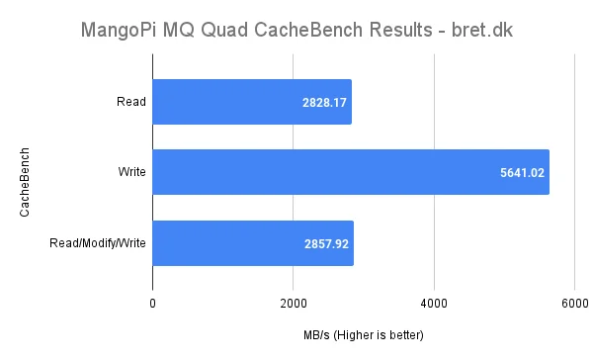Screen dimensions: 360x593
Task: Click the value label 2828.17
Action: tap(324, 101)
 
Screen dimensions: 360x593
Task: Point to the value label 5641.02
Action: tap(522, 171)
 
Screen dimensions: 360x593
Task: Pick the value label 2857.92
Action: tap(325, 242)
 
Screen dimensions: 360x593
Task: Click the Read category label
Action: tap(131, 101)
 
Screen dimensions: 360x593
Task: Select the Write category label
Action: tap(130, 171)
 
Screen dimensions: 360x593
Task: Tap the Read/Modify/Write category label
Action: tap(98, 242)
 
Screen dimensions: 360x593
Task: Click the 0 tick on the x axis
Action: tap(152, 302)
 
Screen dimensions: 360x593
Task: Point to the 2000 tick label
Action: tap(293, 302)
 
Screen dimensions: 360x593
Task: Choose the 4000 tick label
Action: tap(434, 302)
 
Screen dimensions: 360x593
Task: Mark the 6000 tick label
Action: tap(574, 302)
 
